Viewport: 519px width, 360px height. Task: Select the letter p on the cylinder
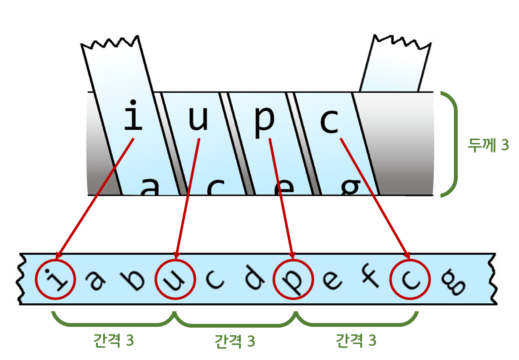tap(264, 121)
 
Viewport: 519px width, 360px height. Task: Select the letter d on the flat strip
tap(254, 281)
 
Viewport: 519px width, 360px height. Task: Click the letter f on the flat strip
tap(371, 281)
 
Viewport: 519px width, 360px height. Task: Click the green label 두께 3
tap(488, 145)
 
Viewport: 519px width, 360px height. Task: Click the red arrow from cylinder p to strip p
tap(281, 197)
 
